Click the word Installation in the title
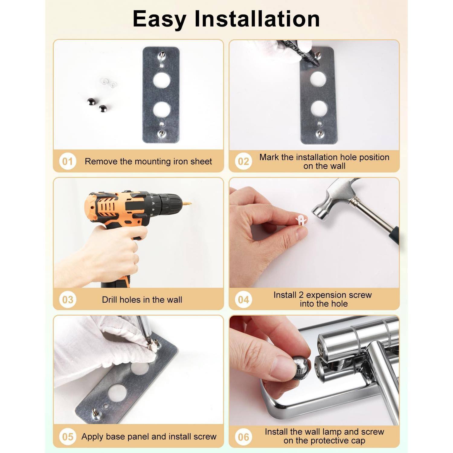[257, 19]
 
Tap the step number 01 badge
[67, 162]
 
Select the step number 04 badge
[243, 300]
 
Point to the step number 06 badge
[243, 437]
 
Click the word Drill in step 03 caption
[110, 300]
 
